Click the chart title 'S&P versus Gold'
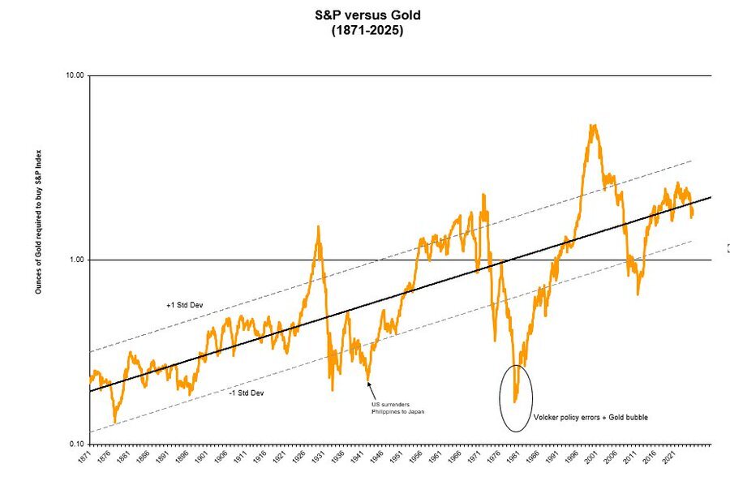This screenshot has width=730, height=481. (367, 15)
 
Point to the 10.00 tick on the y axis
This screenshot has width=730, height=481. (75, 75)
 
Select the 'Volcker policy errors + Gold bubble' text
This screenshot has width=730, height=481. (590, 418)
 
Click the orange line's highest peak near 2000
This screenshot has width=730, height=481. (593, 126)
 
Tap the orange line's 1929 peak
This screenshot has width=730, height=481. (318, 227)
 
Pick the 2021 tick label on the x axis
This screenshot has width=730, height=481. (668, 460)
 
